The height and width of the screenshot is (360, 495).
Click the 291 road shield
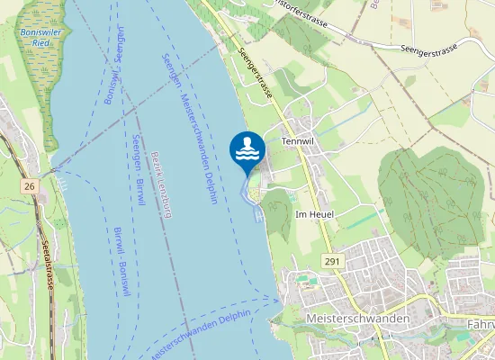[331, 260]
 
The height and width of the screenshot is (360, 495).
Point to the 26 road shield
[30, 186]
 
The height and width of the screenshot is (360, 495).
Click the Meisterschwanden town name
[357, 319]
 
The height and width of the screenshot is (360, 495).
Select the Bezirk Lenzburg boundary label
[161, 185]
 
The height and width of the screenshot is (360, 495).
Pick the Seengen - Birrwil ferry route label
[138, 171]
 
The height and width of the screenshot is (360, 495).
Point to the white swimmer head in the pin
[247, 142]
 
